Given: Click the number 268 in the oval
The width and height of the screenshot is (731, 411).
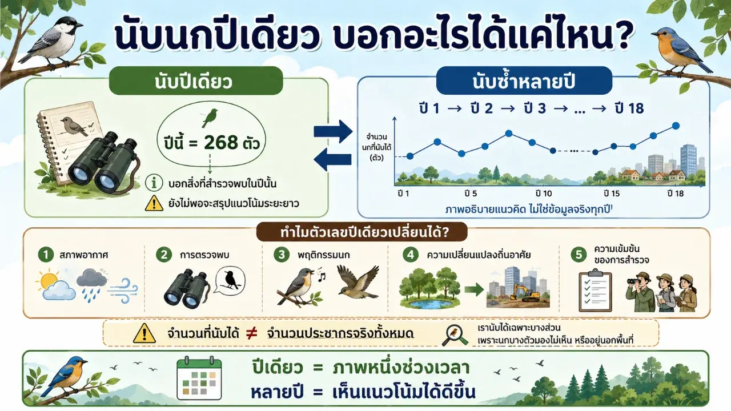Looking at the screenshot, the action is coord(221,143).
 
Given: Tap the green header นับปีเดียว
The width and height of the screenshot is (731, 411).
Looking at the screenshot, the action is coord(196,81).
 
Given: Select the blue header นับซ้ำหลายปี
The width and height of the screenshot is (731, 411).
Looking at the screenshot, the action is coord(524,81).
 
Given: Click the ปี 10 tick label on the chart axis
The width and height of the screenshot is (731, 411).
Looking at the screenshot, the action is coord(544,194).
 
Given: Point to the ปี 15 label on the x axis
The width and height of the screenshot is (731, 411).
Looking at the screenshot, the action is coord(611,194).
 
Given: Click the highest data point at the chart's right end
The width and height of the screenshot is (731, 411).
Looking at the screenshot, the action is coord(676,126).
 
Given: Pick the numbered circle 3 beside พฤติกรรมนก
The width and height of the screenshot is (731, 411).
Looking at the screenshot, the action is coord(282,255).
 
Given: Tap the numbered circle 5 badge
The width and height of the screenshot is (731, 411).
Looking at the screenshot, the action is coord(579,255).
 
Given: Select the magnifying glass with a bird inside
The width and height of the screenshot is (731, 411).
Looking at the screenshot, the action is coord(455,335).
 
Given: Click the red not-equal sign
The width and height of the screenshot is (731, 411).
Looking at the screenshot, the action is coord(252,333).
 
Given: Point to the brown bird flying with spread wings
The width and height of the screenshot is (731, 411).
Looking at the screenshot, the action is coord(358,282).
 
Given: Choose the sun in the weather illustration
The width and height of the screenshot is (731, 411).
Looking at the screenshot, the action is coord(49,280).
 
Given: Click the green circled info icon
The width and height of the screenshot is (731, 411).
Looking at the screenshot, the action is coord(154,183).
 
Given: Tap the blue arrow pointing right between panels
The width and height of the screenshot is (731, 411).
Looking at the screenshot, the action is coord(333,131).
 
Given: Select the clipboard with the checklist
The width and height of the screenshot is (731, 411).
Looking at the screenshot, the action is coord(595,291).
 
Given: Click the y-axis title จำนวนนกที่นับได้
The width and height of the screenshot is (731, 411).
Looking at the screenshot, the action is coord(376,147).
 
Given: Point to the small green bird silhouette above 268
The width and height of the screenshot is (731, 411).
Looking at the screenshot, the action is coord(210,118).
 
